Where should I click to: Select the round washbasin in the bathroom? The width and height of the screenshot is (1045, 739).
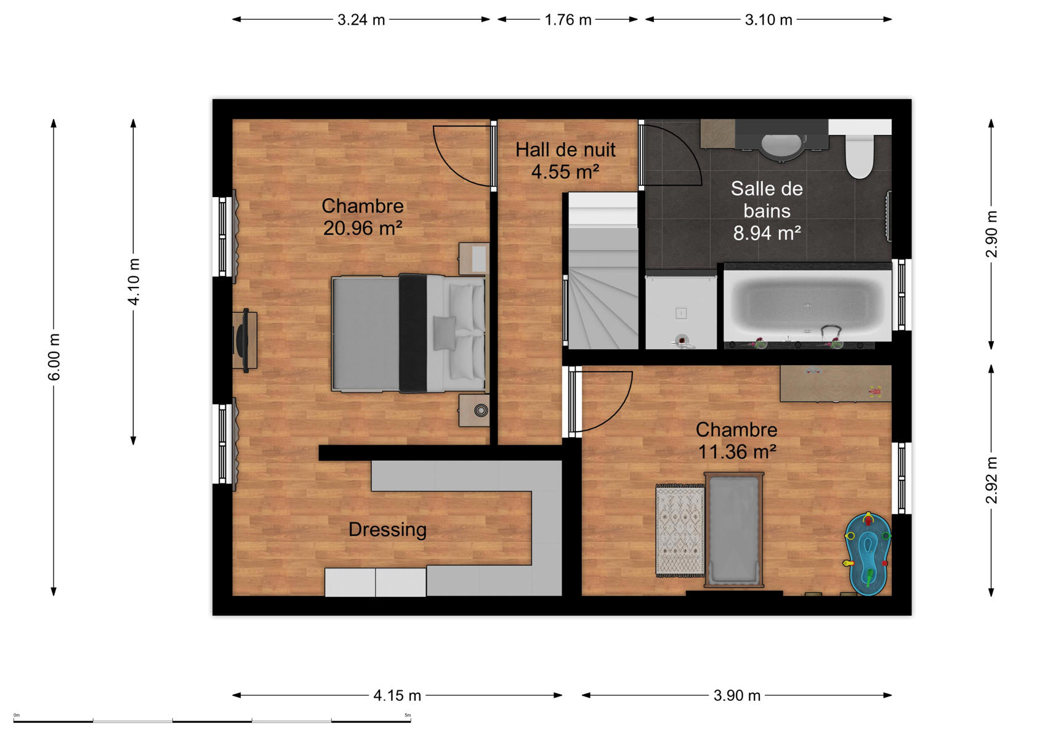[x=782, y=145]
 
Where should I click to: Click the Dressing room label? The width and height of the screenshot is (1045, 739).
[x=387, y=530]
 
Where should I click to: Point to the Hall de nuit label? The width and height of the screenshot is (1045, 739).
[x=565, y=150]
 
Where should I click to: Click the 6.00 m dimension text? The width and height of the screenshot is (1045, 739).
[x=54, y=357]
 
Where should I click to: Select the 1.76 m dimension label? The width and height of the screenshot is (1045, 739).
[x=568, y=20]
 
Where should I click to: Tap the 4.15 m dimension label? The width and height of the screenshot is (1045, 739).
[x=397, y=696]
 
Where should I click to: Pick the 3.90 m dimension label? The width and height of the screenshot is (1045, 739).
[x=736, y=696]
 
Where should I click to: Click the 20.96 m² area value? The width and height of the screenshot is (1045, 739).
[x=363, y=228]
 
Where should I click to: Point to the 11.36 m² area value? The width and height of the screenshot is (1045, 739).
[x=736, y=451]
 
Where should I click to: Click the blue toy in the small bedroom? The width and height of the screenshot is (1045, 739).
[x=868, y=555]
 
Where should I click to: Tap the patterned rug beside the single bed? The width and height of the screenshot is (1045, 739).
[x=680, y=530]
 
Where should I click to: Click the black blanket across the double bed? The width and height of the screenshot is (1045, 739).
[x=413, y=333]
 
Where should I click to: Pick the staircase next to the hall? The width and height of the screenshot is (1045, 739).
[x=603, y=270]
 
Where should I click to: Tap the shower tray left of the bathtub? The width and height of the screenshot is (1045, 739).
[x=681, y=311]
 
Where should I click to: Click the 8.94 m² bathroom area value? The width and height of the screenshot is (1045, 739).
[x=767, y=233]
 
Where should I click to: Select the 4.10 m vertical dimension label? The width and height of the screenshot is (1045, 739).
[x=134, y=282]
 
